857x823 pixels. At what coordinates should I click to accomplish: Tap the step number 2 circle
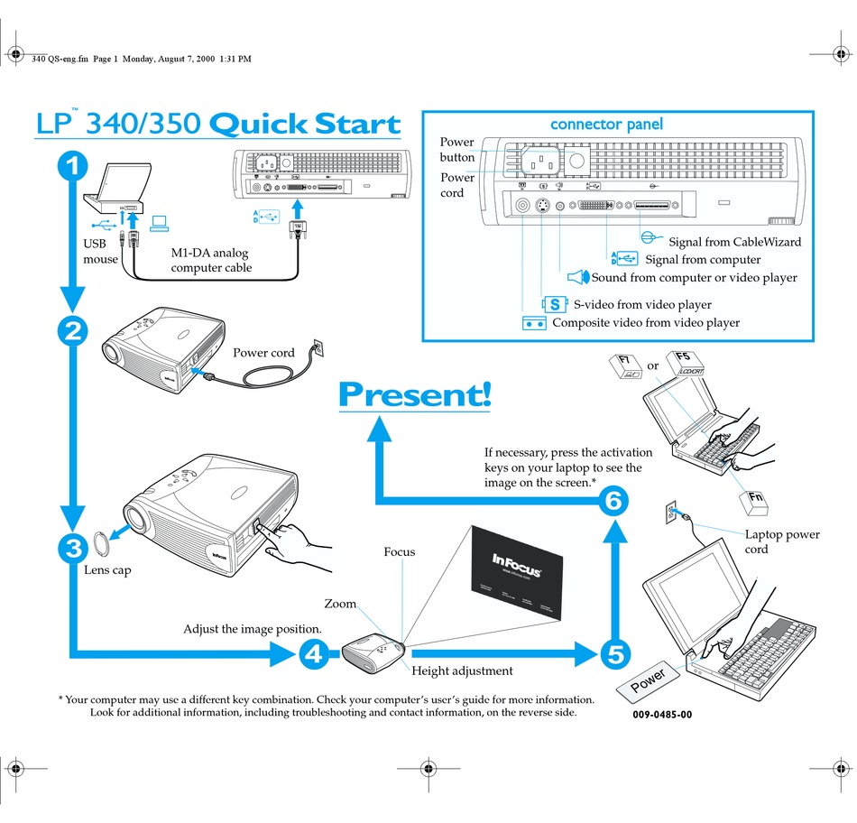(73, 332)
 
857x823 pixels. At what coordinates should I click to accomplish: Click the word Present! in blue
(414, 394)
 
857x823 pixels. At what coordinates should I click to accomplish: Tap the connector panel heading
(606, 124)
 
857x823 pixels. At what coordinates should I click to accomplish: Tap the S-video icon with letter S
(554, 305)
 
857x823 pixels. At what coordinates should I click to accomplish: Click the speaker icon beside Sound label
(578, 278)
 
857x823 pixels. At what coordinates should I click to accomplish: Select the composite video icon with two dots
(534, 323)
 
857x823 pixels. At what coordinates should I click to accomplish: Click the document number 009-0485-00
(662, 715)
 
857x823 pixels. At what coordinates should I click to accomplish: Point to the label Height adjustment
(462, 670)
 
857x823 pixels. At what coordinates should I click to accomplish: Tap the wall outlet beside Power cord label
(316, 347)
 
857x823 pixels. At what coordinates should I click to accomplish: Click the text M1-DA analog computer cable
(212, 260)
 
